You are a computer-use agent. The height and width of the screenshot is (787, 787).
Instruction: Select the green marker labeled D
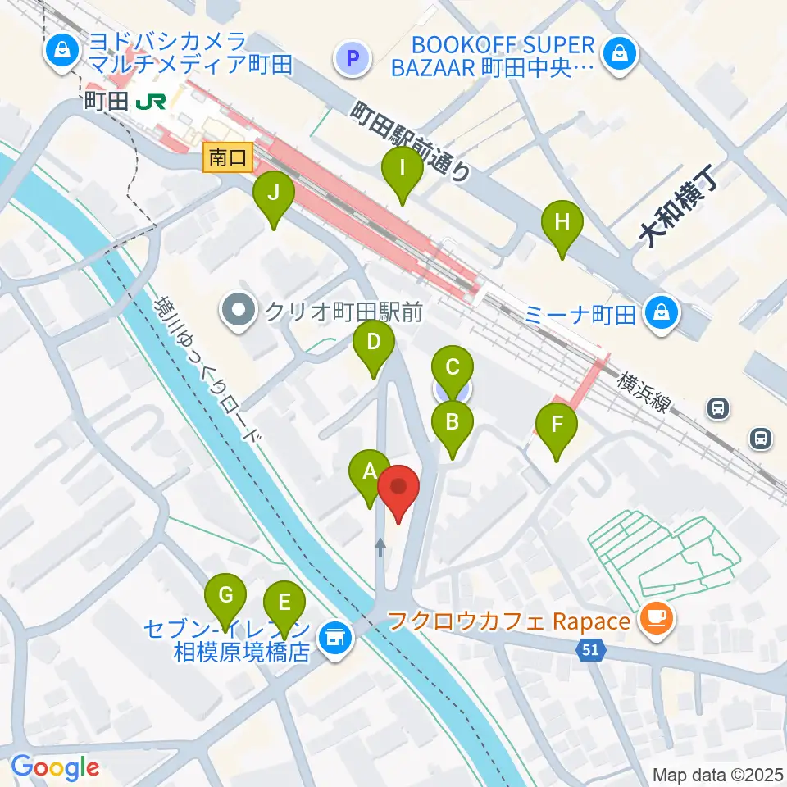[x=373, y=342]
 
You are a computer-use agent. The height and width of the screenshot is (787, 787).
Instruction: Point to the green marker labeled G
[x=225, y=594]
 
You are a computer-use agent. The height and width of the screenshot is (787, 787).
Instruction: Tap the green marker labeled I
[x=403, y=170]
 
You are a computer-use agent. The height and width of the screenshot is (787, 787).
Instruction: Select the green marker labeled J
[x=274, y=194]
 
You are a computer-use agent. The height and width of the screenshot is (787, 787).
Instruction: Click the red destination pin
[x=398, y=489]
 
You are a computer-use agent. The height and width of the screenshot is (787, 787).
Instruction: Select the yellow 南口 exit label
[x=228, y=158]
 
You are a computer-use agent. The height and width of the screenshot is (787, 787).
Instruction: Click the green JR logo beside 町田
[x=152, y=102]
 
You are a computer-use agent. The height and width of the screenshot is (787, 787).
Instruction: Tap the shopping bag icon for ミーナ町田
[x=662, y=312]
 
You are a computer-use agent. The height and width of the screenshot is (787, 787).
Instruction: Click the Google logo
[x=54, y=768]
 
